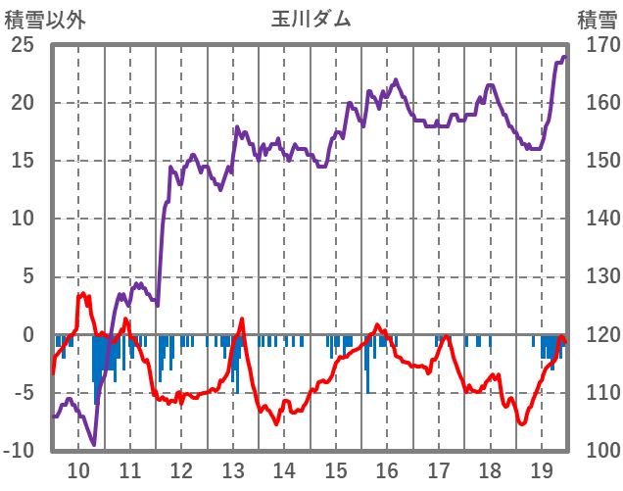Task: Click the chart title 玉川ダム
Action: click(311, 20)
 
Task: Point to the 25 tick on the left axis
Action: click(23, 45)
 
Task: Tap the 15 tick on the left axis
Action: click(23, 161)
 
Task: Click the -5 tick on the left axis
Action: click(23, 393)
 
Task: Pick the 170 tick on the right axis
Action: click(597, 45)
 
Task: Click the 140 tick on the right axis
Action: click(597, 219)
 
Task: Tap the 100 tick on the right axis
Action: click(597, 451)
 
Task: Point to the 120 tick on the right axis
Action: click(597, 335)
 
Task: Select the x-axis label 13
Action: click(232, 469)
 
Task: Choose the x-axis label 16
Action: click(387, 469)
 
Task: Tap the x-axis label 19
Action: click(542, 469)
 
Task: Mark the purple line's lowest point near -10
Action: click(94, 444)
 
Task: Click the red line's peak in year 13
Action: click(242, 319)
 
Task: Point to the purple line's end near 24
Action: click(564, 57)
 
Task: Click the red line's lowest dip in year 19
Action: click(522, 423)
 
